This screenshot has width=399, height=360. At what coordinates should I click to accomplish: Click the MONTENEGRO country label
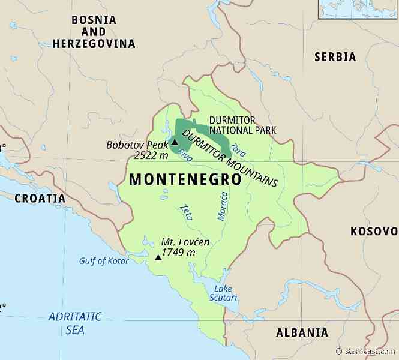point(185,179)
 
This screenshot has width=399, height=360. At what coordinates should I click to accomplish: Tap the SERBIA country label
point(335,57)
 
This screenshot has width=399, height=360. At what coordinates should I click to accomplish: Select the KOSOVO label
point(374,231)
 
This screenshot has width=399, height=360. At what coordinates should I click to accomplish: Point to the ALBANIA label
point(302,332)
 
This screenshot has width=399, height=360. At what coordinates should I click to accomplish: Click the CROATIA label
point(40,198)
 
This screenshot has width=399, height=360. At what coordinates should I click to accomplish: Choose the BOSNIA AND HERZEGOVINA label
point(94,32)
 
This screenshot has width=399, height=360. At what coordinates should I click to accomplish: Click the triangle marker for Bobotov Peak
point(175,143)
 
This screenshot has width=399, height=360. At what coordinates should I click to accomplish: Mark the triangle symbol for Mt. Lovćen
point(158,257)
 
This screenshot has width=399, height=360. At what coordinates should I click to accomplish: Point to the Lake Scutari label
point(223,293)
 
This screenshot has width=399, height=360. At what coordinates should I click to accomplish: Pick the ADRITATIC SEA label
point(75,323)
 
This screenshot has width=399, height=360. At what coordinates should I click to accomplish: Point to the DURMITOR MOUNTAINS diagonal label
point(229,157)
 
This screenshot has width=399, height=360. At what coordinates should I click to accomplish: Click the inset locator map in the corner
point(358,9)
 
